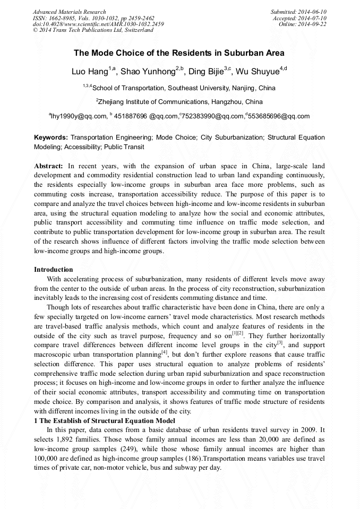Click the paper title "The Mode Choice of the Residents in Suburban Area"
[179, 53]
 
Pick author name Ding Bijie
[207, 72]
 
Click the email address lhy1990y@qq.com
[79, 116]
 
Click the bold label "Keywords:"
[51, 137]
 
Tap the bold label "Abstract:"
[48, 166]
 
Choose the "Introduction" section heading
[54, 270]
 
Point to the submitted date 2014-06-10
[310, 12]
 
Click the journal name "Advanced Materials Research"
[69, 12]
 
